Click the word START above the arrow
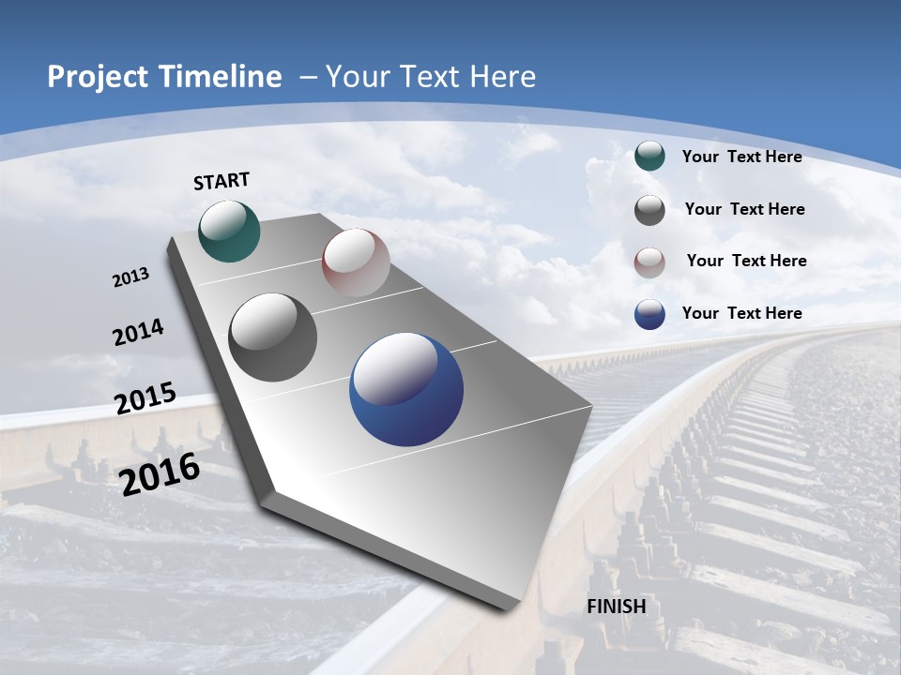pos(221,181)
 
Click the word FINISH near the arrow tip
pos(617,607)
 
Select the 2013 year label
pos(131,277)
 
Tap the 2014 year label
pos(139,333)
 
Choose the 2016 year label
pos(160,473)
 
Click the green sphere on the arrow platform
pos(230,231)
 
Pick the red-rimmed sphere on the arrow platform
pos(356,262)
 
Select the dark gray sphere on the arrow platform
pos(273,337)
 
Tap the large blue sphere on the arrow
pos(406,390)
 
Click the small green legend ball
pos(649,157)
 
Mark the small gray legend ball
pos(649,210)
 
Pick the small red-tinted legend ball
pos(649,262)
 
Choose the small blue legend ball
pos(649,314)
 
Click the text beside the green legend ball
pos(741,157)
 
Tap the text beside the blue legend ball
pos(741,313)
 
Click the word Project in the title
pos(93,77)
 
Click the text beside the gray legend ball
pos(744,209)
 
